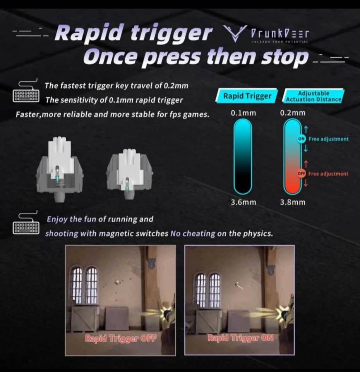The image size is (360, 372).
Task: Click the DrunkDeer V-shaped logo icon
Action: click(x=235, y=33)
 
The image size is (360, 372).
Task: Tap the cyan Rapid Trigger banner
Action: click(x=247, y=96)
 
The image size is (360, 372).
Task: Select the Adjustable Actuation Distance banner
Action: click(x=313, y=96)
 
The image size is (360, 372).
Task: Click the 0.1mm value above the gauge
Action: click(x=243, y=113)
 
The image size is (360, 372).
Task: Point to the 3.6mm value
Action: click(x=243, y=202)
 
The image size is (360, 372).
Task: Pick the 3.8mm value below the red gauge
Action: click(x=293, y=202)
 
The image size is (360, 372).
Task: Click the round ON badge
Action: click(x=302, y=139)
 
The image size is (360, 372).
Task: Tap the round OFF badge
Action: click(x=302, y=174)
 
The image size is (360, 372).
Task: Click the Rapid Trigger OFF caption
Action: click(x=121, y=338)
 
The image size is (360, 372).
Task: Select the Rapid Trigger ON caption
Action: click(x=240, y=338)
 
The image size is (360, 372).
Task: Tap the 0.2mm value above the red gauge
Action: click(x=293, y=113)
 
